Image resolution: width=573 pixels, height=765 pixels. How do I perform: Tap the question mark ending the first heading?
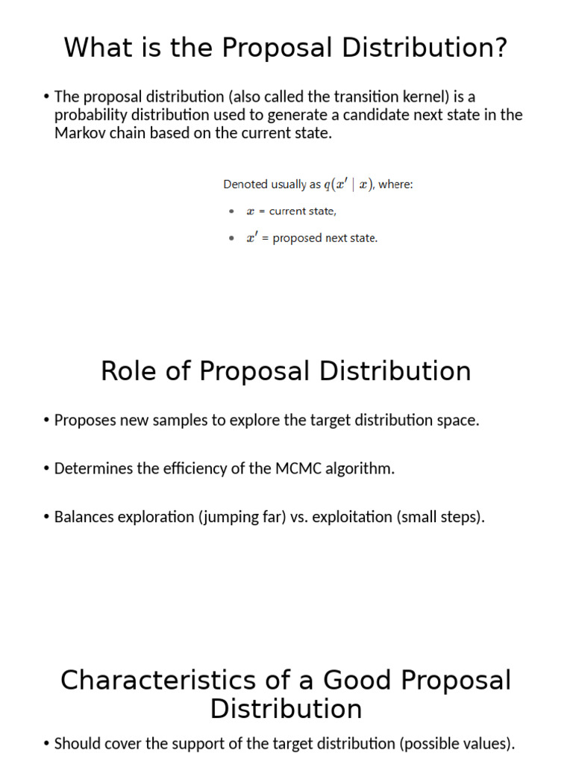[501, 48]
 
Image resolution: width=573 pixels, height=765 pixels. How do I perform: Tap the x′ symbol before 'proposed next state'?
[252, 238]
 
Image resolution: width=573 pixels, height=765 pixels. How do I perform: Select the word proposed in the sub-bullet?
[297, 238]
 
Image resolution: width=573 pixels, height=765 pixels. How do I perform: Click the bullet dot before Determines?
[47, 469]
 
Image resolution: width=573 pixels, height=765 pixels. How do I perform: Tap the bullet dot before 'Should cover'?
[47, 744]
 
